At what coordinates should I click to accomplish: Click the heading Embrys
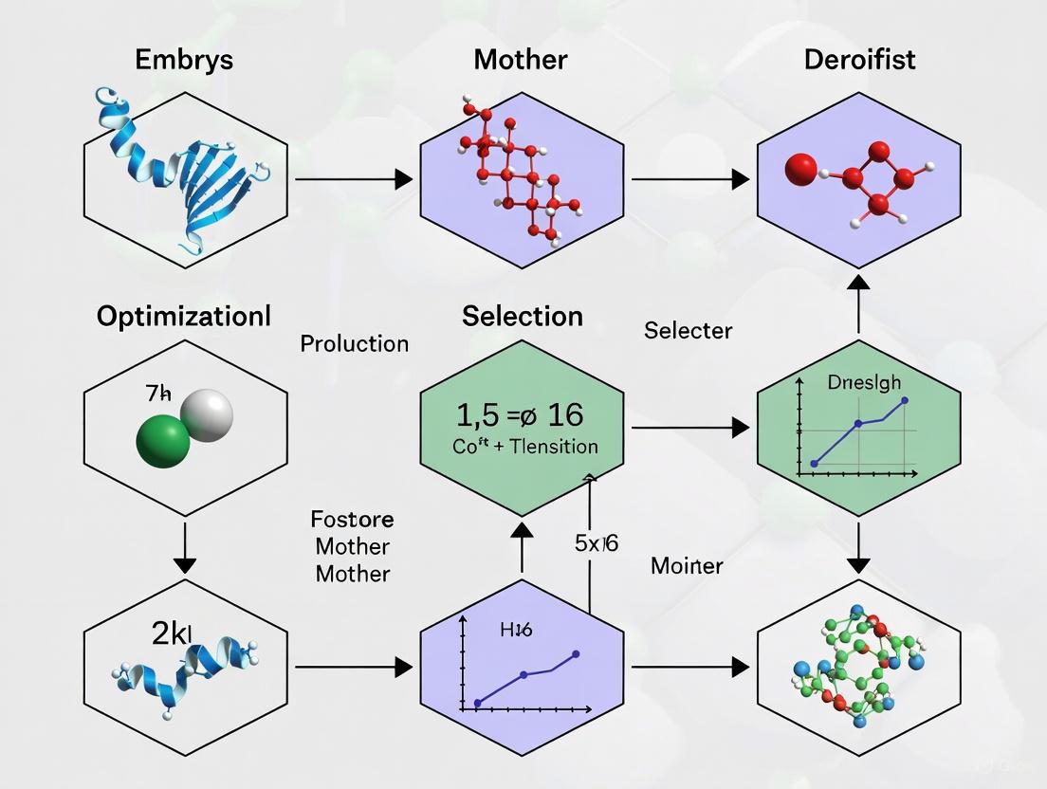pos(185,60)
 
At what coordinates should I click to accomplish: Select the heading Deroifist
pos(859,60)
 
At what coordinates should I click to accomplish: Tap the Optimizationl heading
pos(184,317)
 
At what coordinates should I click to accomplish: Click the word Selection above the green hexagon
pos(523,316)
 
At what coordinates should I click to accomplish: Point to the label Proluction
pos(355,343)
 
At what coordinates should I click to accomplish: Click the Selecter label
pos(689,330)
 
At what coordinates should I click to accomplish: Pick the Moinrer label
pos(688,566)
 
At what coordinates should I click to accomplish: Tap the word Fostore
pos(352,520)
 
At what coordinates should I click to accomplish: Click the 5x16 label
pos(597,544)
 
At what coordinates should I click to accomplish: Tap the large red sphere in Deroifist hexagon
pos(801,171)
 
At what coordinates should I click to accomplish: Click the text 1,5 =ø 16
pos(520,414)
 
